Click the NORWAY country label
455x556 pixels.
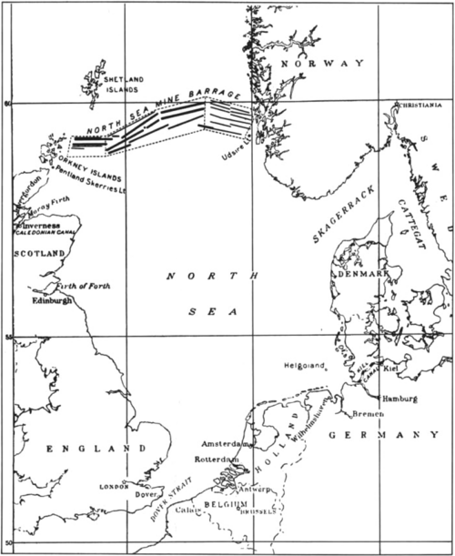click(x=323, y=63)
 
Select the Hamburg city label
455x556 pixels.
click(x=399, y=399)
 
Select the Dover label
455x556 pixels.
click(x=146, y=494)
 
